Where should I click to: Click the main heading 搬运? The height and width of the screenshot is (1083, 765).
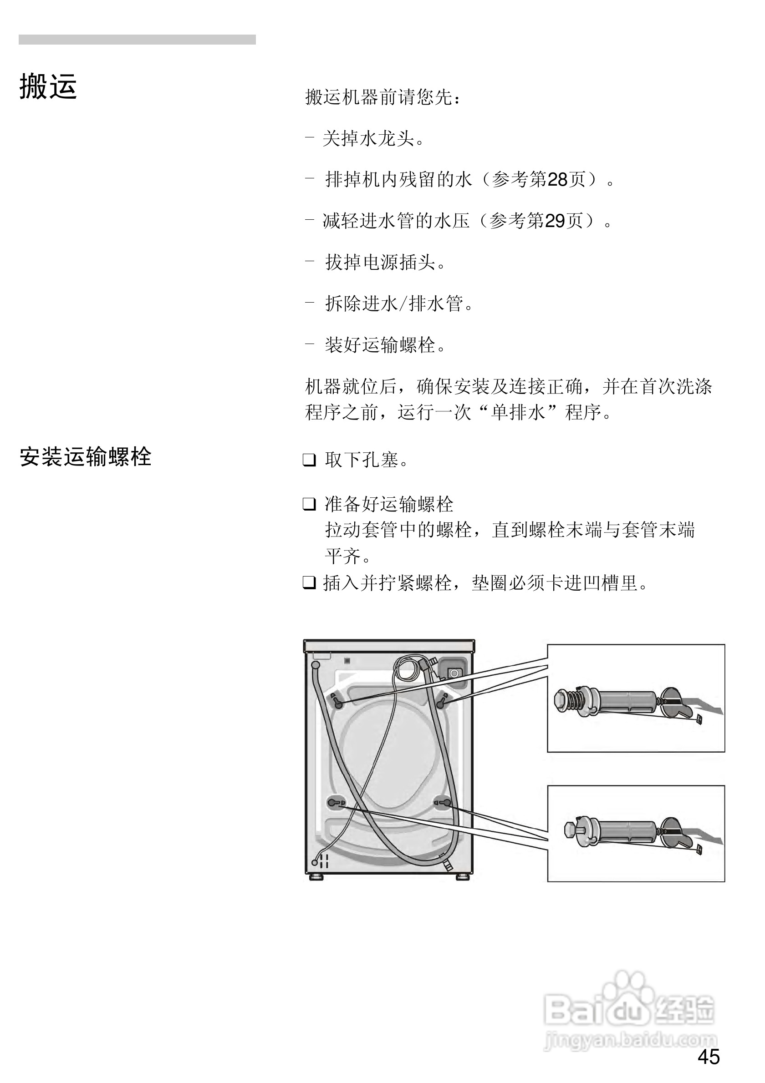click(x=48, y=87)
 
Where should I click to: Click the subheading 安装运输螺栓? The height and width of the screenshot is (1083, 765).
click(x=86, y=457)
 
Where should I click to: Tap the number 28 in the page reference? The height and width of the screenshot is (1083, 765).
click(x=557, y=180)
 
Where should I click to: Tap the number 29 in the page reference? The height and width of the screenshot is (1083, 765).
click(x=555, y=221)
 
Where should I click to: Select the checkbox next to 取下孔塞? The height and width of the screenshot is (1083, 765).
click(x=309, y=460)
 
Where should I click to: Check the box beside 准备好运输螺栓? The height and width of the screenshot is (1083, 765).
click(x=309, y=504)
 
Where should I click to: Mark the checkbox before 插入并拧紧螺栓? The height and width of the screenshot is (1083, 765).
click(x=309, y=583)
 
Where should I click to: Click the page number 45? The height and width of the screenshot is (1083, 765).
click(x=709, y=1058)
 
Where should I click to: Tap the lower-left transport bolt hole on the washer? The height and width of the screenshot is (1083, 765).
click(x=334, y=802)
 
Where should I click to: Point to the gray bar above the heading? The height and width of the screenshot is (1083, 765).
click(x=137, y=40)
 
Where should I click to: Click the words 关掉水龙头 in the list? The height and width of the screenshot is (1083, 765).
click(x=368, y=139)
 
